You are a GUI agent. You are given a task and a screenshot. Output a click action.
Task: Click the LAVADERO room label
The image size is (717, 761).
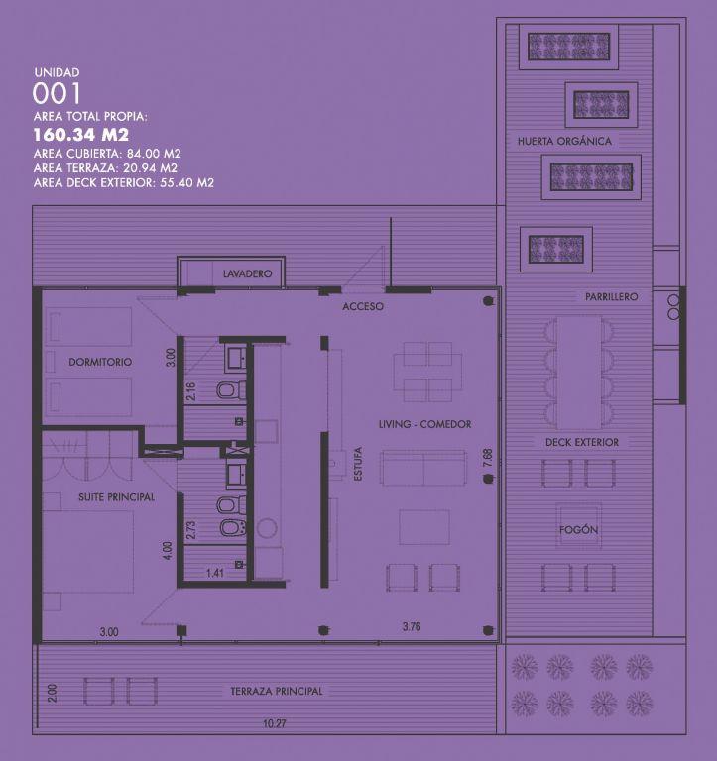[247, 273]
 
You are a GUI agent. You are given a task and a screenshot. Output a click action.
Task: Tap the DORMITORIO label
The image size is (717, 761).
[100, 362]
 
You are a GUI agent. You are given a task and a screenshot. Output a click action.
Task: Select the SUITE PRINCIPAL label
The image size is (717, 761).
[117, 497]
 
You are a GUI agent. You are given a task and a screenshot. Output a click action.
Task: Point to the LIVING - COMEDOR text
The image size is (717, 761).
[425, 424]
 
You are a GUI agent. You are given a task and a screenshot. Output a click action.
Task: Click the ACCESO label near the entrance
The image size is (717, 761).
[363, 307]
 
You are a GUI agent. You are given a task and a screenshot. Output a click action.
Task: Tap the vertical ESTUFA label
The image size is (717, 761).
[359, 464]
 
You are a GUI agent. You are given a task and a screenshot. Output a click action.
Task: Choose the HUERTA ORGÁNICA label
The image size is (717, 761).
[564, 141]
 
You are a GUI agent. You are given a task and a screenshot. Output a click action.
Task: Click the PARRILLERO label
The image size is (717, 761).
[612, 296]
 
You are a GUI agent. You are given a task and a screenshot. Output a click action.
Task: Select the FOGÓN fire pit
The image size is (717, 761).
[578, 527]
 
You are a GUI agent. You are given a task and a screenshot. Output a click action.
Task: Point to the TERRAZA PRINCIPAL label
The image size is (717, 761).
[277, 691]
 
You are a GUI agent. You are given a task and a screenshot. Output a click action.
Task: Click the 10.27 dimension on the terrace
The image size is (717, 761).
[275, 723]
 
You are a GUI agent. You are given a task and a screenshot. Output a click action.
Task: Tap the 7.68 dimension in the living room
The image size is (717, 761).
[488, 458]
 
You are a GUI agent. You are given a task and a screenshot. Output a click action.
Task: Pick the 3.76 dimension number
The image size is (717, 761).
[412, 626]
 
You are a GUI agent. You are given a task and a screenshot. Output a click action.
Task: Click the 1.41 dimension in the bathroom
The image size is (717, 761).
[215, 573]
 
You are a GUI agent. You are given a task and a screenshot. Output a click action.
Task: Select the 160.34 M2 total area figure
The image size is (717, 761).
[80, 135]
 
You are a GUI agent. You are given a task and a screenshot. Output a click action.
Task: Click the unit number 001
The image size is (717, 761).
[57, 94]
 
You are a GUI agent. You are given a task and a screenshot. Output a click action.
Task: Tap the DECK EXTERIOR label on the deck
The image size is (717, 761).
[582, 442]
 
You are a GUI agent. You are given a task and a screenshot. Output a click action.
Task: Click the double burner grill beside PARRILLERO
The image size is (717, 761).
[673, 307]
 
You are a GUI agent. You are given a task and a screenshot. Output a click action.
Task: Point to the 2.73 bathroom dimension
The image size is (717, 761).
[191, 530]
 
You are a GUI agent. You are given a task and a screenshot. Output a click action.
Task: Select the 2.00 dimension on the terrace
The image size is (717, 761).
[53, 693]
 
